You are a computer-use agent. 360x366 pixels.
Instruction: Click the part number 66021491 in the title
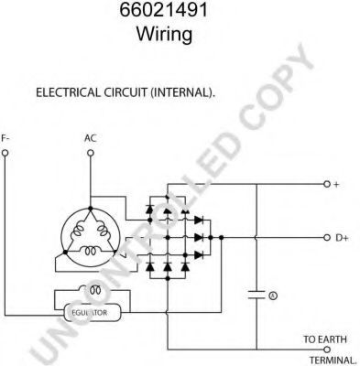point(163,9)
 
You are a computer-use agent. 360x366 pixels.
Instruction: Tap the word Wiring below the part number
point(164,33)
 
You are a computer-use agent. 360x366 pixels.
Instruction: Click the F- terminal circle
point(5,153)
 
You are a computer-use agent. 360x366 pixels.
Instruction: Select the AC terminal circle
point(91,153)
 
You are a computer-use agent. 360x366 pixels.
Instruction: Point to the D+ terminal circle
point(327,238)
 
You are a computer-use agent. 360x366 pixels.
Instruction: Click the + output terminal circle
point(327,184)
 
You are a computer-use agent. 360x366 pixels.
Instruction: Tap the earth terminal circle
point(327,350)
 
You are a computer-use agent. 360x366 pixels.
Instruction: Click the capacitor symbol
point(256,295)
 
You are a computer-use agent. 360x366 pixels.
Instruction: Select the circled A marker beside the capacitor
point(273,296)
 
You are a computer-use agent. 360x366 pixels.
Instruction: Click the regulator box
point(93,312)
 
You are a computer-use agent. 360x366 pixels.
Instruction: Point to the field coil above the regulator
point(91,290)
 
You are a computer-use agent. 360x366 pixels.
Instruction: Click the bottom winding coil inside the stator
point(91,251)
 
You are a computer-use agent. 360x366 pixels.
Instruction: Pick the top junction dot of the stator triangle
point(90,209)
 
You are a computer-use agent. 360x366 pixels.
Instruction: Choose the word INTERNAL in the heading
point(181,92)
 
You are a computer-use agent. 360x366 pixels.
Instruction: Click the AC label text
point(91,138)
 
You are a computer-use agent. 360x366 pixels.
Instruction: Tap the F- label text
point(5,138)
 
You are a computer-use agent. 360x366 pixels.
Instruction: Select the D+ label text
point(342,238)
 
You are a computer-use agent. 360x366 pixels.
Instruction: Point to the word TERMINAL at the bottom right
point(333,360)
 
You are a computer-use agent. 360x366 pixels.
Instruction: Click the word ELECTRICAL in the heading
point(68,92)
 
